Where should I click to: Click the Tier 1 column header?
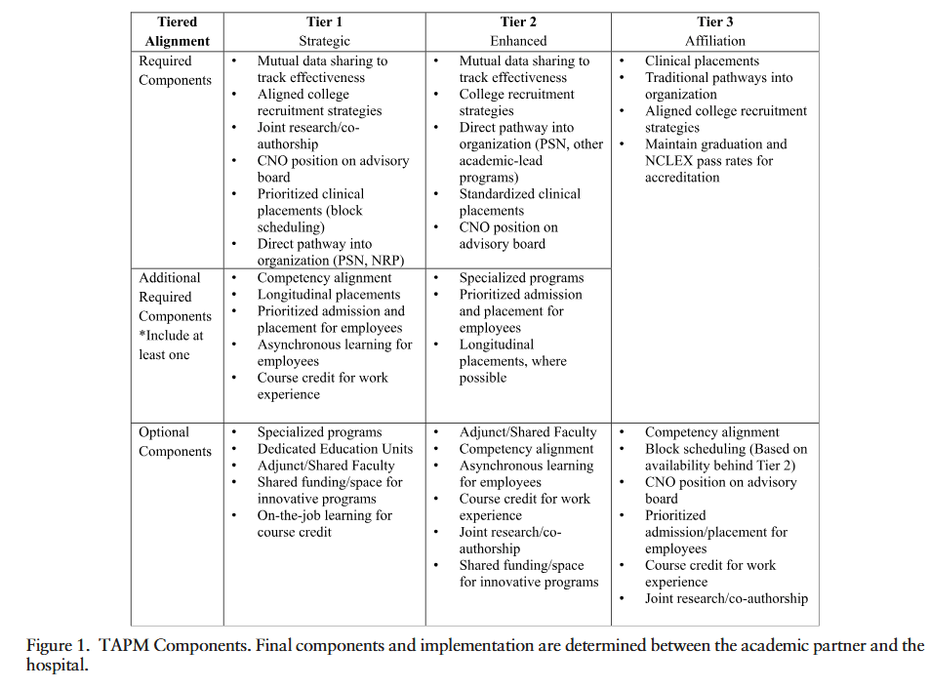[x=325, y=22]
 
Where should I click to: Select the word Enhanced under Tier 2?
[x=518, y=41]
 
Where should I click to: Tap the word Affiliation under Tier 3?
[x=714, y=41]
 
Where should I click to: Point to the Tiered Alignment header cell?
[x=177, y=31]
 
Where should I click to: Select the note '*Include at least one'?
[x=171, y=344]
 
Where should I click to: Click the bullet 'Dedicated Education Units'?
[x=335, y=449]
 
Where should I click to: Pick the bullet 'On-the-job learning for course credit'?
[x=324, y=523]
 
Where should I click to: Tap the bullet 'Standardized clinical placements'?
[x=519, y=202]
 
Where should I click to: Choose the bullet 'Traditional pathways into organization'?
[x=718, y=86]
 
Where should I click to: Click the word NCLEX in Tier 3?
[x=669, y=161]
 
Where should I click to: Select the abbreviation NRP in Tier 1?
[x=384, y=261]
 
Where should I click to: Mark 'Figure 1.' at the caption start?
[x=57, y=646]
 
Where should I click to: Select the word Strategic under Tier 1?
[x=324, y=41]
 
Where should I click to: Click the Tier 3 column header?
[x=714, y=22]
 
